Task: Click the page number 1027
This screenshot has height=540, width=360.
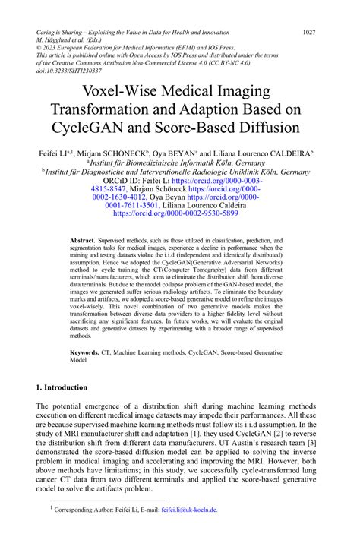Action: pyautogui.click(x=309, y=33)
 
